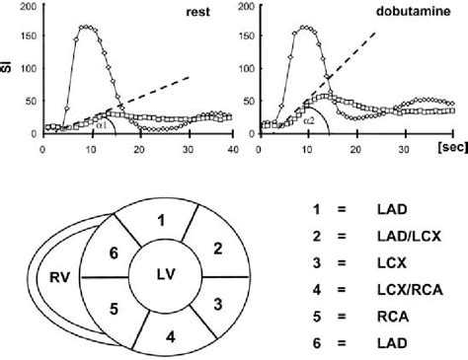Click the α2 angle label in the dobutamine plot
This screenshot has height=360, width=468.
(309, 120)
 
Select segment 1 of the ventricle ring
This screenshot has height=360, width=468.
(159, 218)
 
